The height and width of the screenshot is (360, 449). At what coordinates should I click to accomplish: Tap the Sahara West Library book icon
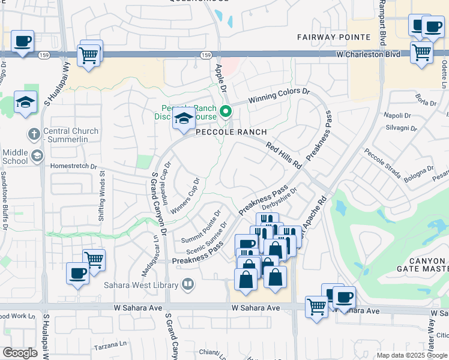click(x=188, y=284)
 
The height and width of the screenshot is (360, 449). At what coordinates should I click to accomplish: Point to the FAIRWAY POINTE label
click(x=334, y=37)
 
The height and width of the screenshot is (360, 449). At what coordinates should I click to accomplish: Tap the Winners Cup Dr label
click(x=185, y=196)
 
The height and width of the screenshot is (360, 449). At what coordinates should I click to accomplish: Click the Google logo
click(x=20, y=353)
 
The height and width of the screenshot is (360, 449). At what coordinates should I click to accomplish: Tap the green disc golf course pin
click(x=226, y=111)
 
